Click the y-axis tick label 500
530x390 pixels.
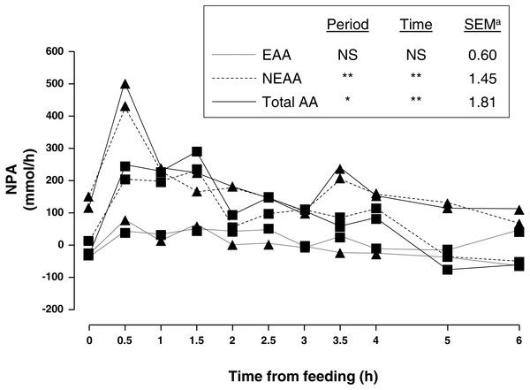(x=64, y=84)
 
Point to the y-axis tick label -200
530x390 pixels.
(x=63, y=310)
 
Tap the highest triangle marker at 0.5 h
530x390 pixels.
(x=125, y=84)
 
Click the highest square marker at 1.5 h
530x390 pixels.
(x=196, y=152)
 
